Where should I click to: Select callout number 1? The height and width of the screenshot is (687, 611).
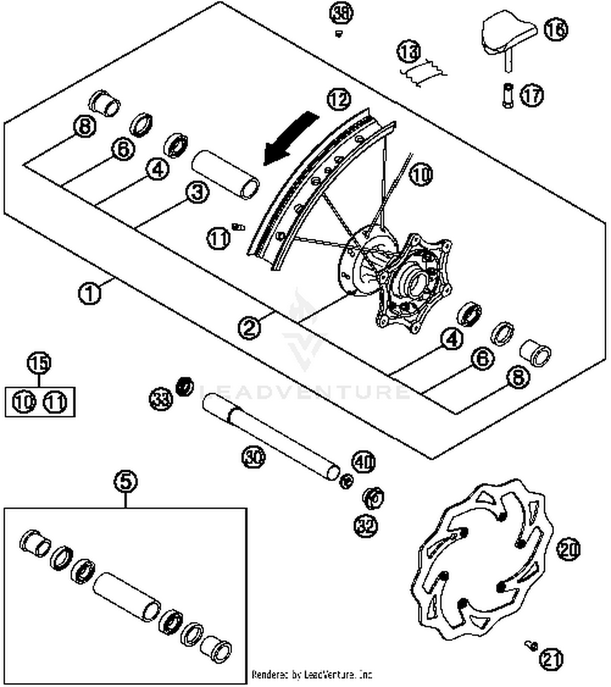(x=90, y=293)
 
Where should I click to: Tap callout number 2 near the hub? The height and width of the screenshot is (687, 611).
(x=249, y=327)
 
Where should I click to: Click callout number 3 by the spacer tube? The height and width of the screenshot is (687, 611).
(x=198, y=192)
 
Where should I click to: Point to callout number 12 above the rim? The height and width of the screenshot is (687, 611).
(x=339, y=99)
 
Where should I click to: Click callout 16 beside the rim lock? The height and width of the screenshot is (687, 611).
(x=556, y=29)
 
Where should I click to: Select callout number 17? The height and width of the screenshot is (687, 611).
(x=532, y=95)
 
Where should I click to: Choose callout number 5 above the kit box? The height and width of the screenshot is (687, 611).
(x=125, y=482)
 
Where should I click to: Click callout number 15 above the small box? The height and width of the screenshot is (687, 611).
(x=39, y=363)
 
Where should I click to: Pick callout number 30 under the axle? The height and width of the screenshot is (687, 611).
(x=253, y=456)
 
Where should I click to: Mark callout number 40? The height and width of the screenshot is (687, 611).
(x=363, y=462)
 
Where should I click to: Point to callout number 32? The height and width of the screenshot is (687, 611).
(x=366, y=526)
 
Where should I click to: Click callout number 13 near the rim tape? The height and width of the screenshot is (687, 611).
(x=409, y=52)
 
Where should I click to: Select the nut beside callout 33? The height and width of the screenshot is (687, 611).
(x=185, y=385)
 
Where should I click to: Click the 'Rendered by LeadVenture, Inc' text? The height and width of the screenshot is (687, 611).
(x=312, y=675)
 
